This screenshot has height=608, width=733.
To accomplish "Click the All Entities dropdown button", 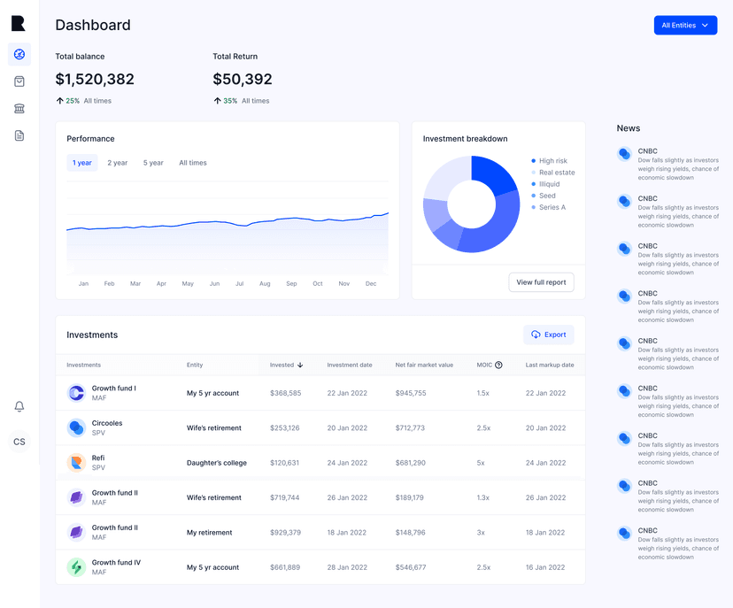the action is pyautogui.click(x=685, y=26).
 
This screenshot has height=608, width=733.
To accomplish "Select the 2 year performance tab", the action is pyautogui.click(x=118, y=163).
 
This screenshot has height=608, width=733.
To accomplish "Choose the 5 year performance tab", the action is pyautogui.click(x=153, y=163).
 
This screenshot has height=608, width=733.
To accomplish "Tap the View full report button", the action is pyautogui.click(x=541, y=282).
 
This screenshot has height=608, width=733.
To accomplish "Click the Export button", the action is pyautogui.click(x=548, y=335).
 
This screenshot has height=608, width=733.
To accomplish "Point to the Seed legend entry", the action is pyautogui.click(x=544, y=196).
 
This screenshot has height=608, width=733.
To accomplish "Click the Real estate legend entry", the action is pyautogui.click(x=553, y=173).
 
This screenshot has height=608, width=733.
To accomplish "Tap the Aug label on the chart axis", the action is pyautogui.click(x=265, y=284).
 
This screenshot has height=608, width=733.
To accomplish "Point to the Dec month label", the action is pyautogui.click(x=371, y=284).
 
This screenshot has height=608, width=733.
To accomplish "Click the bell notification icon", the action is pyautogui.click(x=19, y=406).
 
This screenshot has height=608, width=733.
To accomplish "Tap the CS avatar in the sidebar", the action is pyautogui.click(x=19, y=442).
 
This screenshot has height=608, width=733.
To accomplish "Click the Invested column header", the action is pyautogui.click(x=286, y=365).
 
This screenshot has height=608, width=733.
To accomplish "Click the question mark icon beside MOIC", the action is pyautogui.click(x=498, y=365).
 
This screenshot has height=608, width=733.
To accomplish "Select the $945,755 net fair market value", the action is pyautogui.click(x=411, y=393).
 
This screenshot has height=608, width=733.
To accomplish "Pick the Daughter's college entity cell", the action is pyautogui.click(x=216, y=463).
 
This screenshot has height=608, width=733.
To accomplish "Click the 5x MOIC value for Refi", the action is pyautogui.click(x=481, y=463).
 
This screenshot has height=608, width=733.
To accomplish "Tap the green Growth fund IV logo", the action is pyautogui.click(x=76, y=567).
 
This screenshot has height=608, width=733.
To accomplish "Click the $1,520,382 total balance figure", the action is pyautogui.click(x=95, y=79).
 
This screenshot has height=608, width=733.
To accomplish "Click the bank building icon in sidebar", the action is pyautogui.click(x=19, y=109).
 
